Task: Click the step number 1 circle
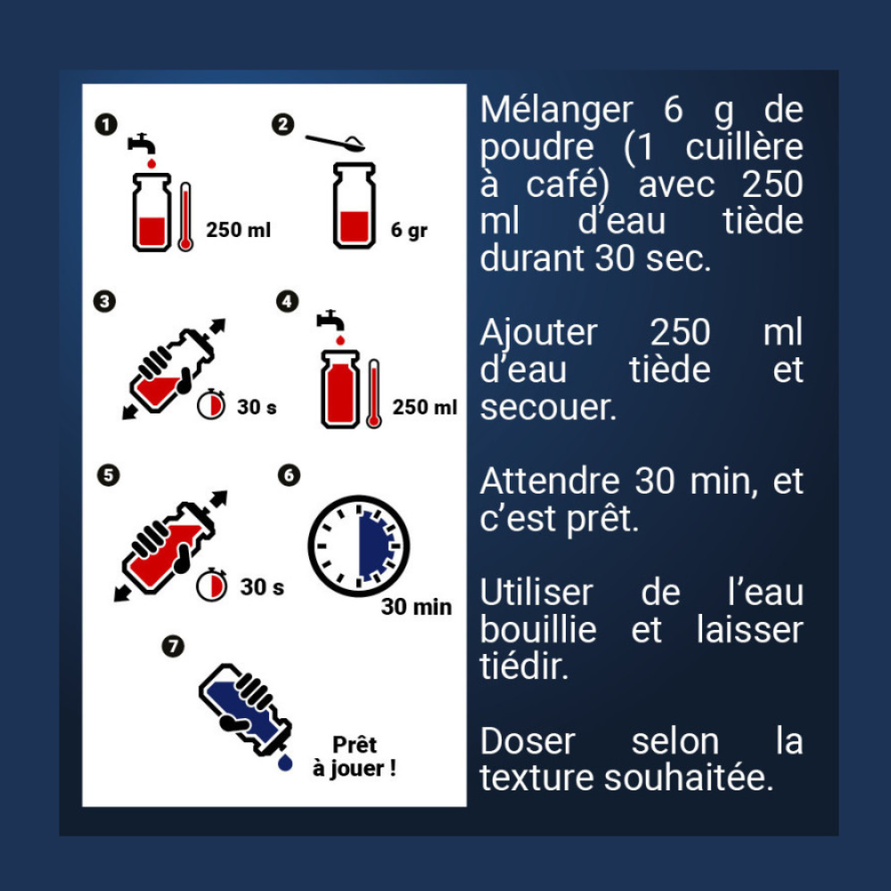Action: click(106, 125)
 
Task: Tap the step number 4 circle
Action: click(287, 301)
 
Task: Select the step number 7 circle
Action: click(173, 645)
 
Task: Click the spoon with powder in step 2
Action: click(335, 142)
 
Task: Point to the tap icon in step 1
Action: click(142, 143)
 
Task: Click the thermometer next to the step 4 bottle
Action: click(373, 393)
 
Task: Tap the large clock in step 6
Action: click(358, 546)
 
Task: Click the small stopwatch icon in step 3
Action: click(211, 405)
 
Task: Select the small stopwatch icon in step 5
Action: click(211, 584)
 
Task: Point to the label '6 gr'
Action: click(409, 230)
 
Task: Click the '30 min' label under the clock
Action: click(416, 607)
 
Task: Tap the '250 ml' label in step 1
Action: click(238, 230)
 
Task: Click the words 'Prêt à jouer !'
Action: click(354, 756)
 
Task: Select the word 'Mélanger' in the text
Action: click(556, 110)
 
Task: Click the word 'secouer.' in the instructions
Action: click(548, 407)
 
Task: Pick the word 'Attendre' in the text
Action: click(550, 481)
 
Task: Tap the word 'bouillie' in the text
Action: click(538, 630)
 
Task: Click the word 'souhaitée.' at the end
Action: click(689, 778)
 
